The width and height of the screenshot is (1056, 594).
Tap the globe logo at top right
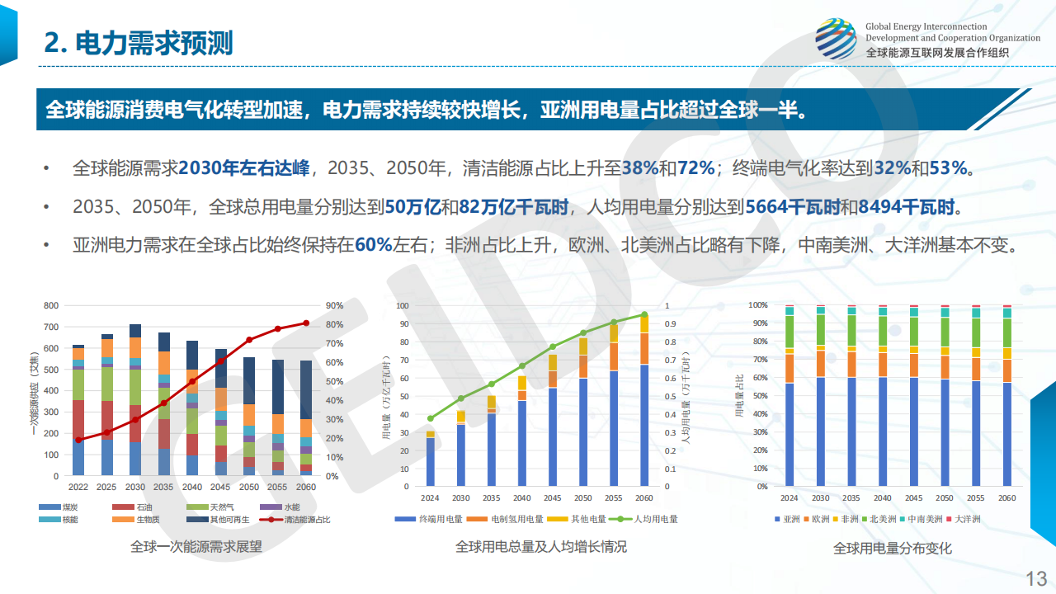point(836,40)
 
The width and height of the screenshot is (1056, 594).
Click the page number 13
point(1035,577)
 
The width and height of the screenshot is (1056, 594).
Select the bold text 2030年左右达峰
point(243,168)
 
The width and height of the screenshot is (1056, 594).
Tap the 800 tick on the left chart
point(51,305)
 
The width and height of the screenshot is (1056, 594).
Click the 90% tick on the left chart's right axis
point(334,305)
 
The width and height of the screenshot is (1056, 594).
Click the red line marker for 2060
point(306,323)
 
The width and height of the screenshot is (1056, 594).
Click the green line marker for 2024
point(430,418)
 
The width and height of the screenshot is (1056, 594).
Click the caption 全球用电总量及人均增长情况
point(540,546)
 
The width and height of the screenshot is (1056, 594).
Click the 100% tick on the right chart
point(757,304)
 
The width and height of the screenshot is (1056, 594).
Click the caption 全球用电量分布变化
point(893,548)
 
